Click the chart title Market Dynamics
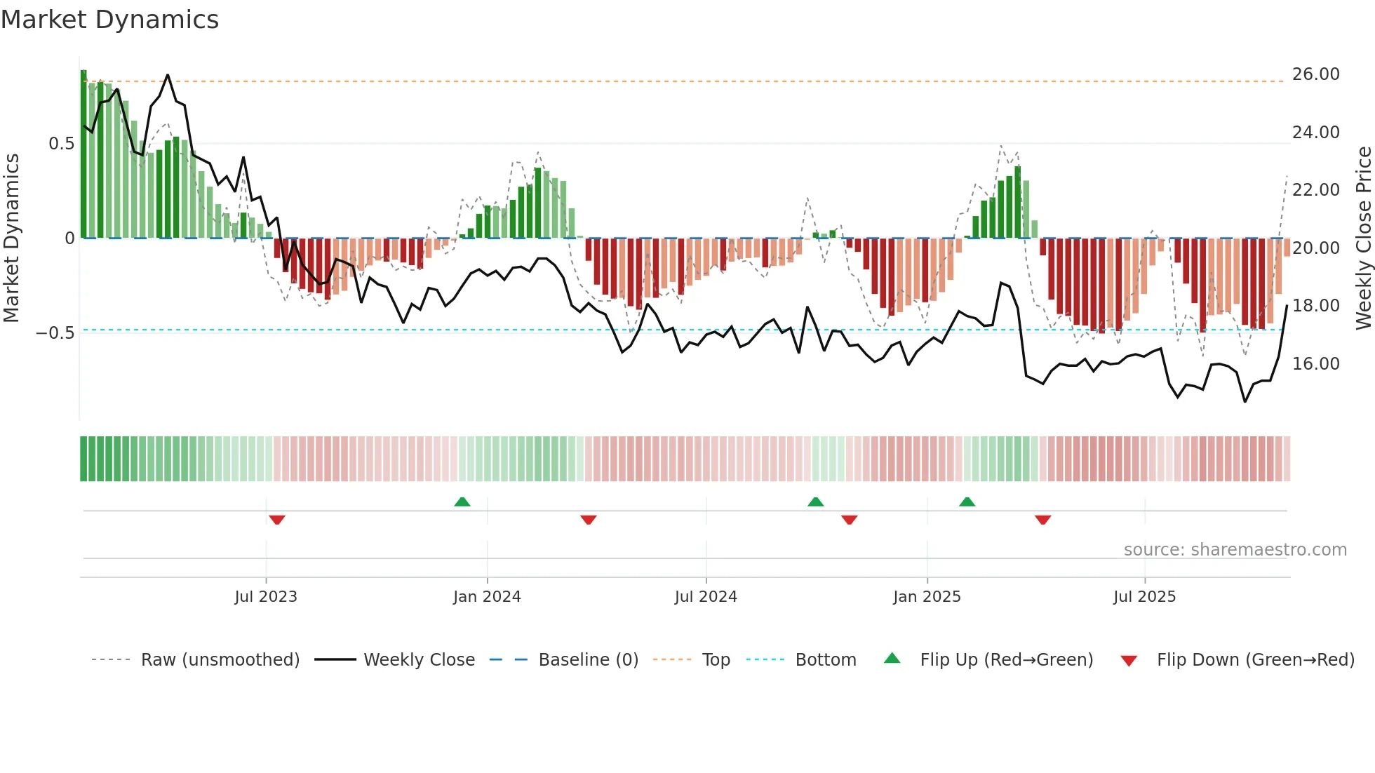point(109,20)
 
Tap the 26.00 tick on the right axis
point(1315,74)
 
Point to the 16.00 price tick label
point(1315,364)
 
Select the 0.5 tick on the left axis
point(61,144)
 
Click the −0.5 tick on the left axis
point(55,333)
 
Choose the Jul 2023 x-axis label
point(266,597)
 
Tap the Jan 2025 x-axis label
point(927,597)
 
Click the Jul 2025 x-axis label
point(1144,597)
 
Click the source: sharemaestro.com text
point(1235,550)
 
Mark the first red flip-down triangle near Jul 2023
point(277,520)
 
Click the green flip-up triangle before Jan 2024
point(462,502)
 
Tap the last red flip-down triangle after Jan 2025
point(1042,520)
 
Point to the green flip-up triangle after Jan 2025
point(967,502)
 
